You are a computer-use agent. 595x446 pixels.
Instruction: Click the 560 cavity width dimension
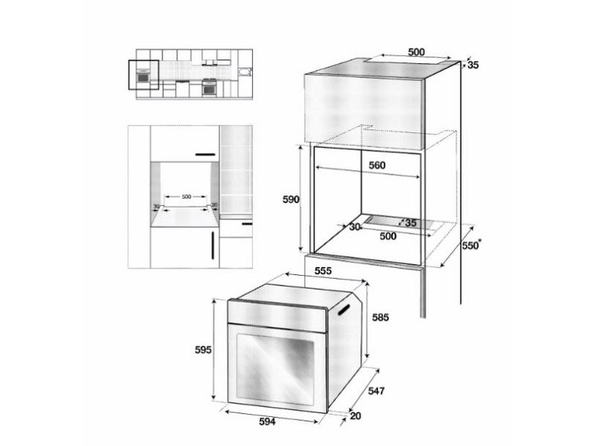(376, 166)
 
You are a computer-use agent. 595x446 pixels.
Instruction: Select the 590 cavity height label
(290, 199)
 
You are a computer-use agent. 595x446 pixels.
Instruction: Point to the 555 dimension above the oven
(323, 272)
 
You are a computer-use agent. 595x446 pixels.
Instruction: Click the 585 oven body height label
(381, 317)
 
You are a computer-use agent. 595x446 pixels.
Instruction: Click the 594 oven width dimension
(268, 422)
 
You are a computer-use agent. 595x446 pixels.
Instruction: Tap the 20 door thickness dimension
(356, 416)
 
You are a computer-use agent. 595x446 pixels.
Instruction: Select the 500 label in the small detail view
(186, 196)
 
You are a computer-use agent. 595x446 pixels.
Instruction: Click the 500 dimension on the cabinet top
(416, 52)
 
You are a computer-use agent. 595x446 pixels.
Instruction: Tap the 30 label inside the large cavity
(354, 227)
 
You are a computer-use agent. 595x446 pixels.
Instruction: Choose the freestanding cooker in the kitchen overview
(210, 87)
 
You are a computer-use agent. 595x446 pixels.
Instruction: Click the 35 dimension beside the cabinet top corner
(473, 65)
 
